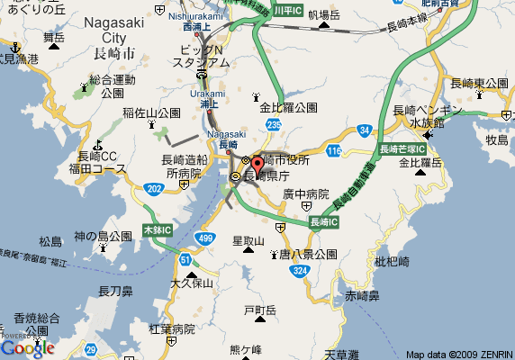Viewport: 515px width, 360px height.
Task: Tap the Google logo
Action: pos(27,347)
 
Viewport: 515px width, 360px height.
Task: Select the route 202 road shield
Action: pos(155,188)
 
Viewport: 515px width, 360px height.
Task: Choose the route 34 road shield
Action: pos(363,131)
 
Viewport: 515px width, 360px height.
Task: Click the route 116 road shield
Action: pos(334,150)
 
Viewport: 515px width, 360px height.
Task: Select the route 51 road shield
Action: pos(185,260)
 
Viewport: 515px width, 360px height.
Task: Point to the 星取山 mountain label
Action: pos(248,241)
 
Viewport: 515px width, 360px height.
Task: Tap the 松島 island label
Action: pos(51,241)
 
